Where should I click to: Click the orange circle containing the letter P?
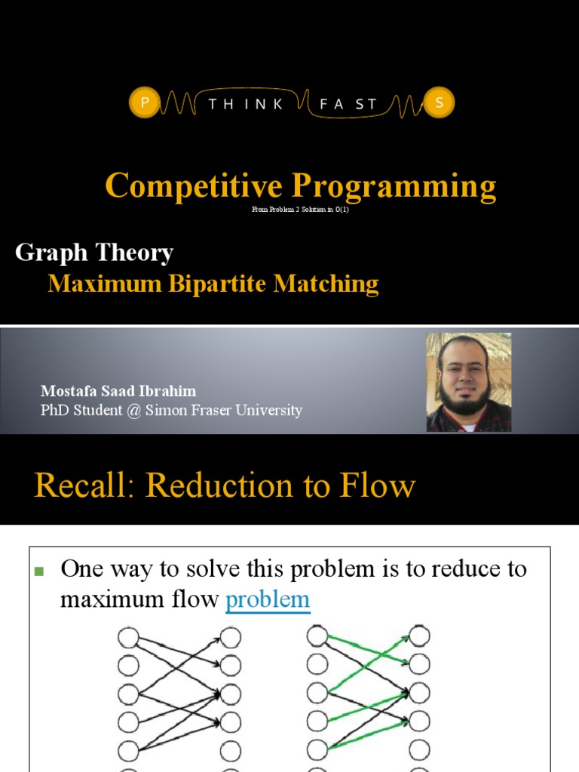tap(143, 103)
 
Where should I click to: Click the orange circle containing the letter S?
tap(438, 103)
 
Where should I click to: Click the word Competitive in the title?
tap(194, 185)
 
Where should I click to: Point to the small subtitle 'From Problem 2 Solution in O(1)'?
tap(301, 210)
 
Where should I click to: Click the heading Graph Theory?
tap(94, 253)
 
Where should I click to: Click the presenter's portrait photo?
tap(468, 382)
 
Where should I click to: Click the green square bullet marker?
tap(40, 570)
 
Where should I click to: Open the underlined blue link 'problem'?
tap(268, 599)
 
